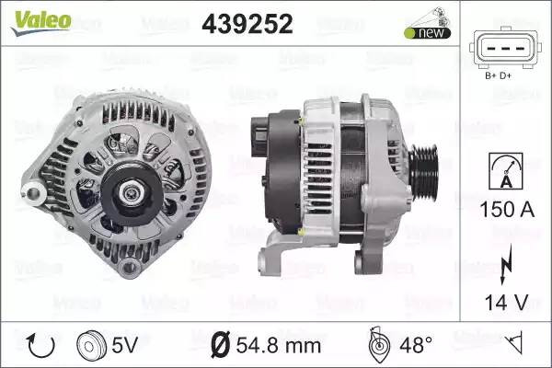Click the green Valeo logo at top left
pos(41,22)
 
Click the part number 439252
pos(247,24)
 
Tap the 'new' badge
pos(428,33)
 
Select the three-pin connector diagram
pos(503,49)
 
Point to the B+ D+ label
pos(498,75)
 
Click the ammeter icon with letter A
pos(506,171)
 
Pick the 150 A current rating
pos(507,210)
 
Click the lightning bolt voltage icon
pos(505,264)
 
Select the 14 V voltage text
pos(507,302)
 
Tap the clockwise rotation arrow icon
pos(41,345)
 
